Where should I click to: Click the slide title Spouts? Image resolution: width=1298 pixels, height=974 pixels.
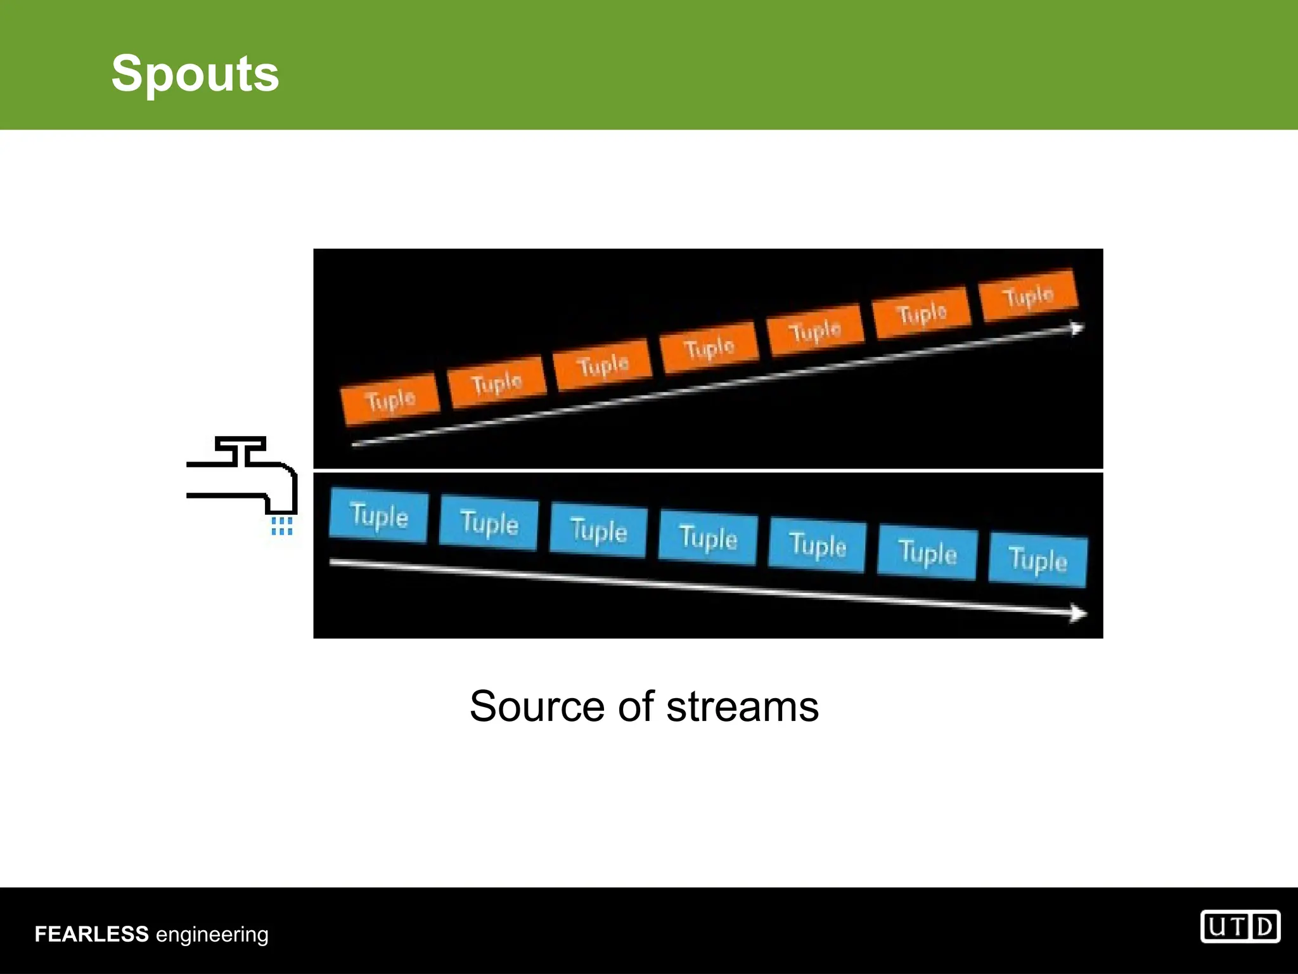[x=195, y=74]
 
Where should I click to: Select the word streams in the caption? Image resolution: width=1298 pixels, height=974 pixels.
[x=742, y=706]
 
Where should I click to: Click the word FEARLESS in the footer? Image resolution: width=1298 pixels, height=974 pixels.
[x=91, y=934]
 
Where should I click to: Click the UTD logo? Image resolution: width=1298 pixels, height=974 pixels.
[x=1240, y=928]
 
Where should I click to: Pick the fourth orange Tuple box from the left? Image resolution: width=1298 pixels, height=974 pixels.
[x=709, y=347]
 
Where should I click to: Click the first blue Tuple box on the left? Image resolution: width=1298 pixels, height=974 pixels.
[x=379, y=516]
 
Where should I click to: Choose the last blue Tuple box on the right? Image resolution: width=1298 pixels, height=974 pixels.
[x=1038, y=561]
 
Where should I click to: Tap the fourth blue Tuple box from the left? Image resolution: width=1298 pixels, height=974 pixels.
[x=708, y=538]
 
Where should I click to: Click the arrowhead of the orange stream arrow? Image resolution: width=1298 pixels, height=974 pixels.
[x=1077, y=328]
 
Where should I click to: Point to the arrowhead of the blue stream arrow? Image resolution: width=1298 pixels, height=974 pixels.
[x=1078, y=613]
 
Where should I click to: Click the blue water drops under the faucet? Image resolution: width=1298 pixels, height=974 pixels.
[x=281, y=526]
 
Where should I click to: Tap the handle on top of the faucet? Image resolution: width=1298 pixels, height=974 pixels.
[x=240, y=443]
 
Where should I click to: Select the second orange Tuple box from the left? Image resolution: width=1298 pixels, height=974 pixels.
[x=497, y=382]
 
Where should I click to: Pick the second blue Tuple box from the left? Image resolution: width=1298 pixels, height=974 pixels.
[x=489, y=523]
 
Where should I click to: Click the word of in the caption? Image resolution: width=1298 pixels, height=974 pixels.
[x=636, y=706]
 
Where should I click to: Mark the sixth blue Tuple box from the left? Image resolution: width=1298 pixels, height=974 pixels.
[x=927, y=553]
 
